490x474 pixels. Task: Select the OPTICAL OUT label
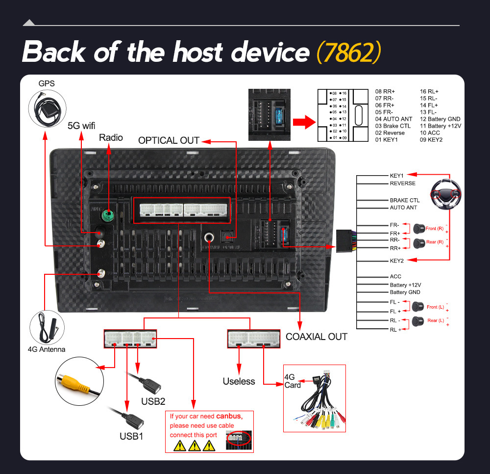[x=169, y=140]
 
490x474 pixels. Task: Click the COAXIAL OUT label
[x=316, y=337]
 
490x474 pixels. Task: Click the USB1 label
[x=131, y=436]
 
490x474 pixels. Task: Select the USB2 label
[x=153, y=401]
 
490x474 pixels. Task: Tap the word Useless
[x=239, y=381]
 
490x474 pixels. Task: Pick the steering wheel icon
[x=446, y=193]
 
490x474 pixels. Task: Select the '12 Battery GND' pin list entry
[x=440, y=119]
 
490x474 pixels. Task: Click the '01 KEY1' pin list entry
[x=386, y=140]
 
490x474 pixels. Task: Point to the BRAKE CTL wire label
[x=404, y=200]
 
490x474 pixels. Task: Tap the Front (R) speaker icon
[x=419, y=228]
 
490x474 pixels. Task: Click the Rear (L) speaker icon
[x=419, y=321]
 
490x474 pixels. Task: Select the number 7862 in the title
[x=348, y=52]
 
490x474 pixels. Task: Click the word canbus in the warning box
[x=229, y=416]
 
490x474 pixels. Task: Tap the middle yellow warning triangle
[x=195, y=446]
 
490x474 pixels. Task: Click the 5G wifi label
[x=81, y=125]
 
